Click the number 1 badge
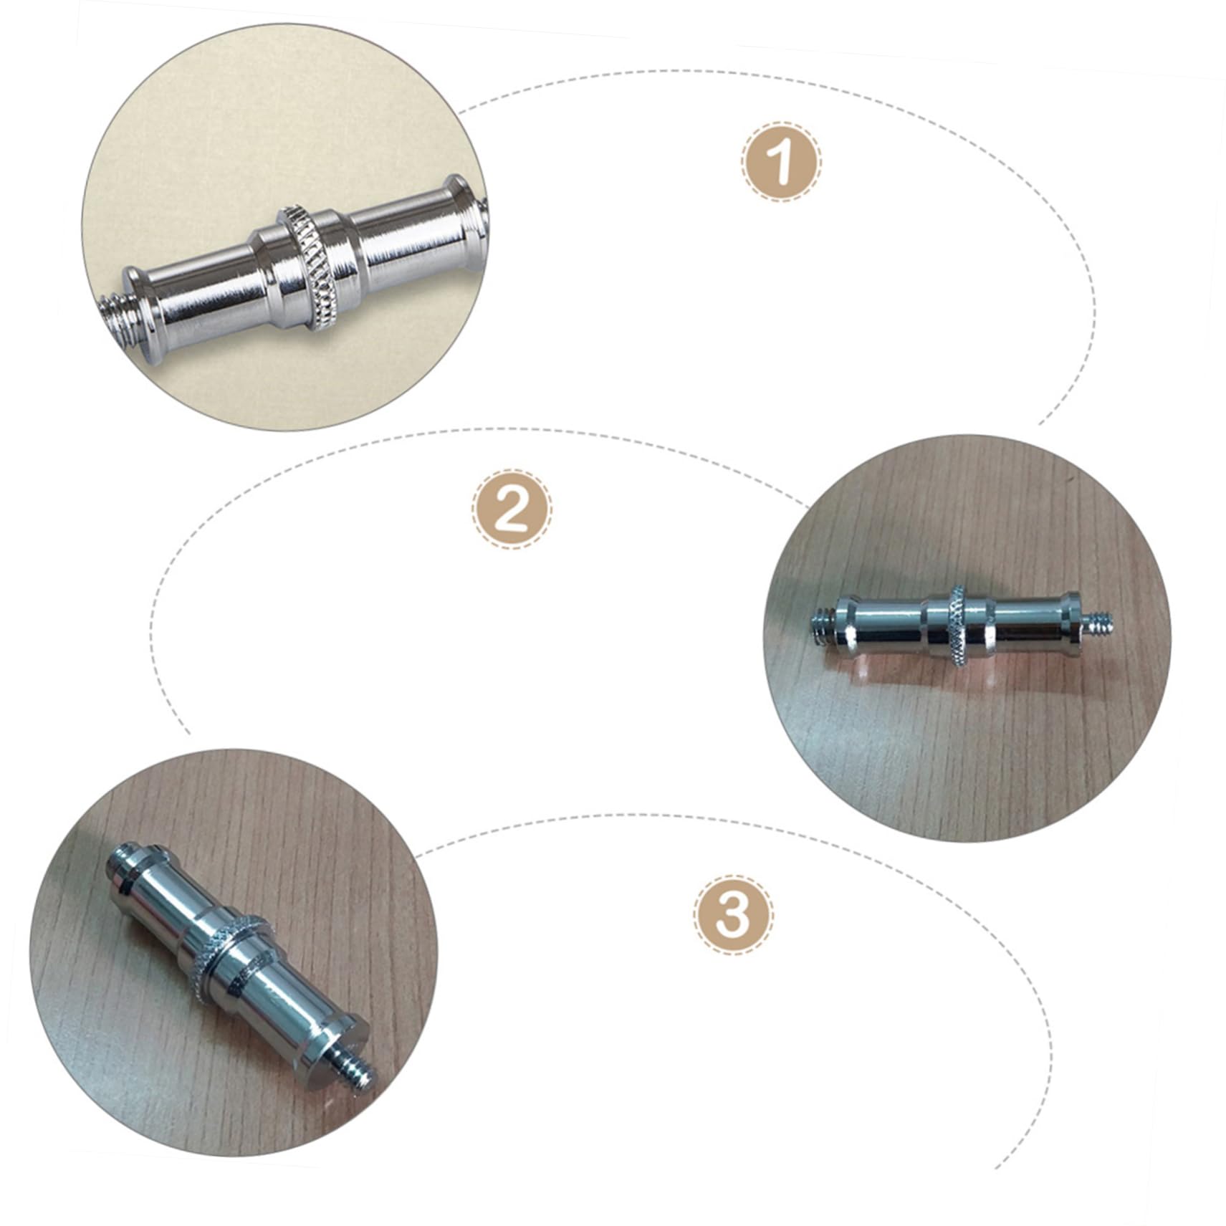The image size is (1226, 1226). pos(781,161)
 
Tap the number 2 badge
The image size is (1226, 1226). pos(512,509)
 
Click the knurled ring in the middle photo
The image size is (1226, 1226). pos(958,625)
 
